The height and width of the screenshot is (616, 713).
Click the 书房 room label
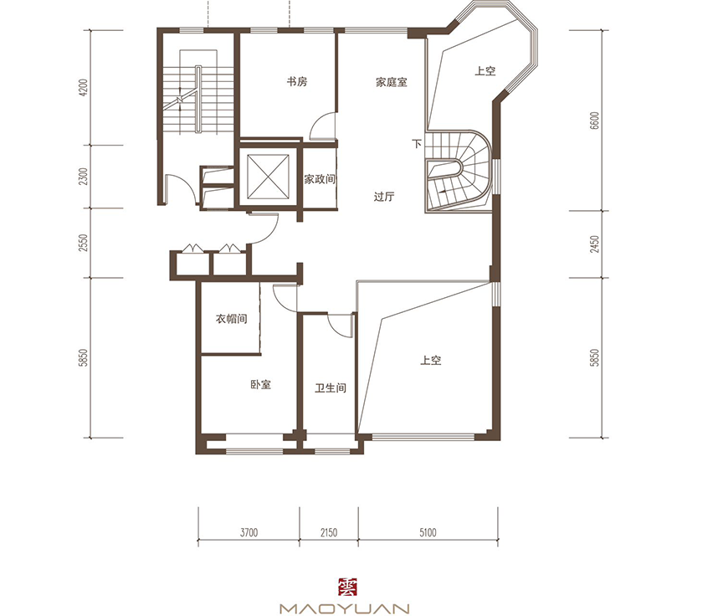pyautogui.click(x=296, y=82)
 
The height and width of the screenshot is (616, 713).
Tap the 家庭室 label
pyautogui.click(x=391, y=82)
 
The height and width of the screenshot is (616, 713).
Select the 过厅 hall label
pyautogui.click(x=384, y=197)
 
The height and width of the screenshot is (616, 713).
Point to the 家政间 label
pyautogui.click(x=320, y=179)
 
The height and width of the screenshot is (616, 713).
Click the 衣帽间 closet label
pyautogui.click(x=232, y=319)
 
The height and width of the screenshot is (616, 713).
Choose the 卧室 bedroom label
pyautogui.click(x=260, y=385)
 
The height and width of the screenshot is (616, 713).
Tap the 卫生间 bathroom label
pyautogui.click(x=331, y=388)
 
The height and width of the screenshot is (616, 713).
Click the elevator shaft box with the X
pyautogui.click(x=268, y=177)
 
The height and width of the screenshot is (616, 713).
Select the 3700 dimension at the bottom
pyautogui.click(x=249, y=532)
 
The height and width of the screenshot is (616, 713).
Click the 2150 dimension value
pyautogui.click(x=328, y=532)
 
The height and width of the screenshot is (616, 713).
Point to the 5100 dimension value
pyautogui.click(x=428, y=532)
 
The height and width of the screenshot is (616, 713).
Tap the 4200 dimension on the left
pyautogui.click(x=83, y=88)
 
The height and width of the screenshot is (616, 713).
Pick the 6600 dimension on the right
pyautogui.click(x=594, y=121)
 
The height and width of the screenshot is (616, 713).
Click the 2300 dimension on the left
pyautogui.click(x=83, y=177)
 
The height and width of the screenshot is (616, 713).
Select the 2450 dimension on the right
pyautogui.click(x=594, y=244)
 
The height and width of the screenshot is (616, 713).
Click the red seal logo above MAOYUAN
pyautogui.click(x=348, y=587)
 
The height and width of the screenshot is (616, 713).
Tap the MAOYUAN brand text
pyautogui.click(x=345, y=608)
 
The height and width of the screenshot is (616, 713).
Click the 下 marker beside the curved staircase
pyautogui.click(x=417, y=144)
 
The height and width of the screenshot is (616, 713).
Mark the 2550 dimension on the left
pyautogui.click(x=83, y=243)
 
